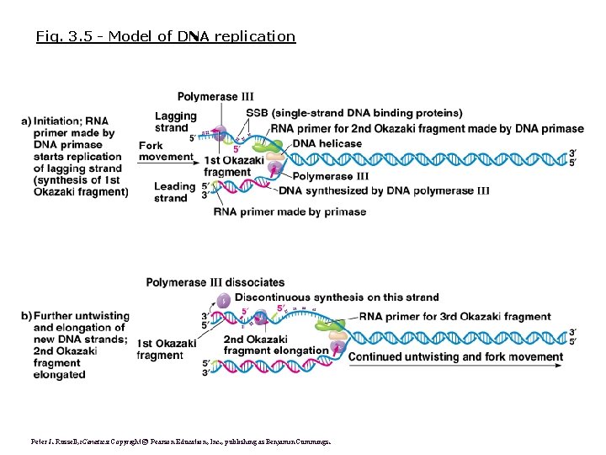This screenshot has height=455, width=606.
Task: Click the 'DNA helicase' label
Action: point(327,143)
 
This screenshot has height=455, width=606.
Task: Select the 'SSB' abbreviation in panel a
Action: point(258,113)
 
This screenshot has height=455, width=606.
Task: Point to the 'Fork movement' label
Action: point(165,151)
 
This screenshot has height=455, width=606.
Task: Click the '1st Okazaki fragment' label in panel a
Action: point(226,167)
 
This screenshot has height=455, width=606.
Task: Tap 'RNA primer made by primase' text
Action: point(290,211)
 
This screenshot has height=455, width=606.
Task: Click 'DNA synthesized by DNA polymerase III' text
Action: point(384,190)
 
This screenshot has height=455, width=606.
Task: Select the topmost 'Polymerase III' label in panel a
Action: point(215,97)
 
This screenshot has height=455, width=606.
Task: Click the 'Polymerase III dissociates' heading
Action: point(215,282)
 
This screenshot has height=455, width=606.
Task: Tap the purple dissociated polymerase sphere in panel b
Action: point(223,300)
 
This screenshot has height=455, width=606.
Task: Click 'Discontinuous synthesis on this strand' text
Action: point(337,297)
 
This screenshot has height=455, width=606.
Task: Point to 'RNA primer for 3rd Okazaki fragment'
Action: point(454,317)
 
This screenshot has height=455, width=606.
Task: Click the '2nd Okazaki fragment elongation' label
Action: point(275,344)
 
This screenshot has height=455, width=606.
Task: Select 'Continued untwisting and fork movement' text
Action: point(455,356)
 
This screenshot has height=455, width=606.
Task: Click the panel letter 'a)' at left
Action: point(26,121)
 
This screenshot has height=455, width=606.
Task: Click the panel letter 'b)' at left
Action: point(26,316)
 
